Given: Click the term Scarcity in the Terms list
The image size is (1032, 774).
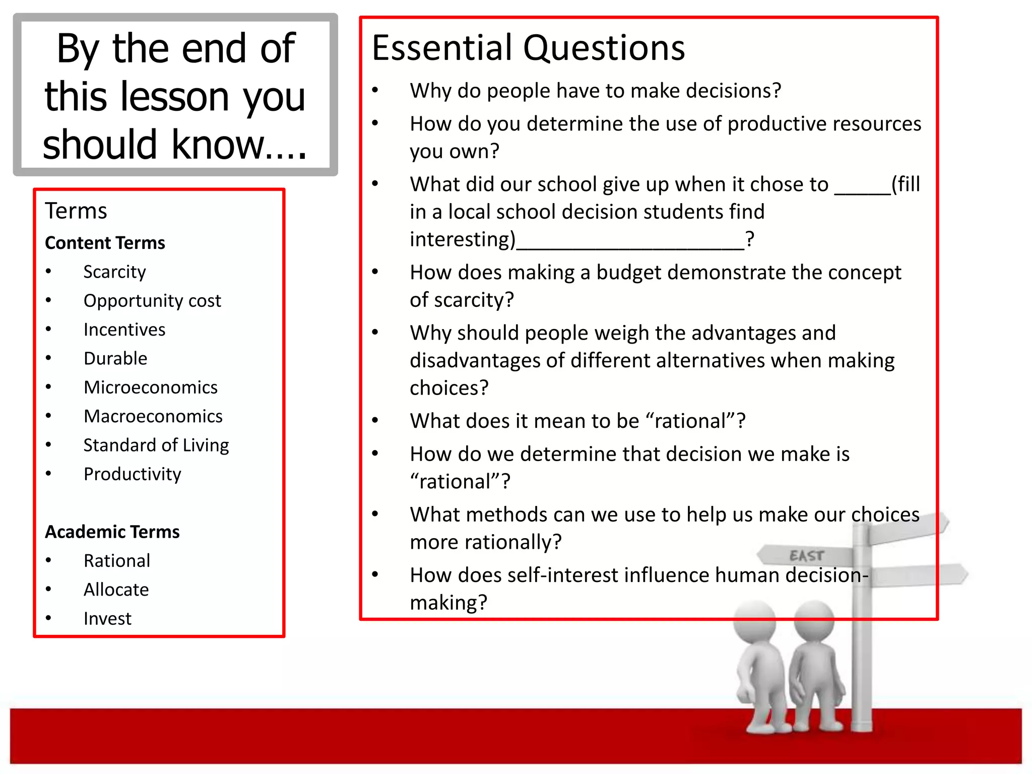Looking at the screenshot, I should click(114, 272).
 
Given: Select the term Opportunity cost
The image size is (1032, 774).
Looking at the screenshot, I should click(152, 301).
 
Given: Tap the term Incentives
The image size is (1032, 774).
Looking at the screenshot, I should click(124, 330).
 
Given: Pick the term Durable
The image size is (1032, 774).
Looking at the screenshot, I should click(115, 358).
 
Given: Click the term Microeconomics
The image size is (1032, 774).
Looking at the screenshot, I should click(151, 388).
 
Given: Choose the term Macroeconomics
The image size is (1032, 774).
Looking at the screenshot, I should click(153, 416).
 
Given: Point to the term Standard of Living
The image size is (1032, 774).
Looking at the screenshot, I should click(156, 445).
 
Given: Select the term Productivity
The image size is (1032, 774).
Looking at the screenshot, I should click(132, 474).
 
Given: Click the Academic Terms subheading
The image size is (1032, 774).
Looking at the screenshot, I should click(112, 532).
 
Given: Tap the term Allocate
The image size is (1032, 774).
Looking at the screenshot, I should click(116, 590).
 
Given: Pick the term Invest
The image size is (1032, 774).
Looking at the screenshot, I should click(107, 618).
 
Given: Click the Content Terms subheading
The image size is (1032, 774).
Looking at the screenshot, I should click(105, 243).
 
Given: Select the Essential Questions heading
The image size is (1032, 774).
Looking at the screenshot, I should click(528, 48).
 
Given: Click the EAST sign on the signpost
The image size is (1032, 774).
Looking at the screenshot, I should click(806, 556).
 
